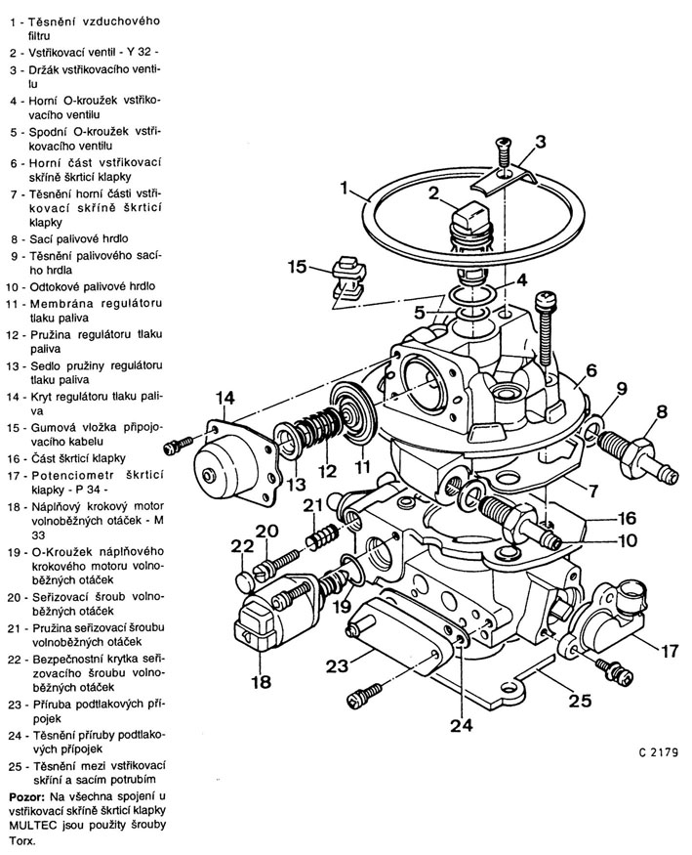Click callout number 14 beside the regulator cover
(x=225, y=399)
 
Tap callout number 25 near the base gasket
(x=580, y=701)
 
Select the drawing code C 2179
(x=659, y=752)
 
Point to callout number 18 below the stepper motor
(x=262, y=682)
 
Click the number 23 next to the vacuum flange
(x=338, y=665)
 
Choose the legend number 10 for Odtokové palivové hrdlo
(x=13, y=287)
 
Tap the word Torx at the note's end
(x=21, y=840)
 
